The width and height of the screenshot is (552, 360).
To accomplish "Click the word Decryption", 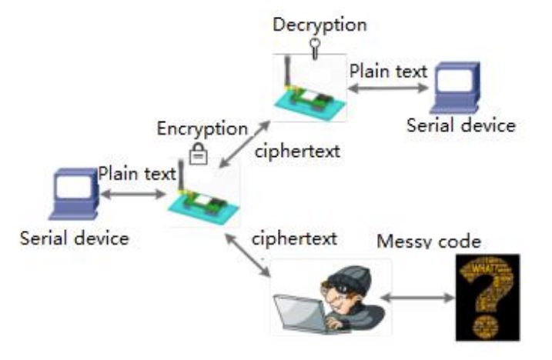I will click(319, 24).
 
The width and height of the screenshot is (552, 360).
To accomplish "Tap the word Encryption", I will click(202, 129).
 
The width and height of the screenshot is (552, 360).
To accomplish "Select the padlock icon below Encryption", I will click(198, 155).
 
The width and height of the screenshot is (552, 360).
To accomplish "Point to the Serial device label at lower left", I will click(74, 238).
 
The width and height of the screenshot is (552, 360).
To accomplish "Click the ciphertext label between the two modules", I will click(297, 150).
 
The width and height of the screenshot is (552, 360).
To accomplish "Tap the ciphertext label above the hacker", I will click(294, 238).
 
